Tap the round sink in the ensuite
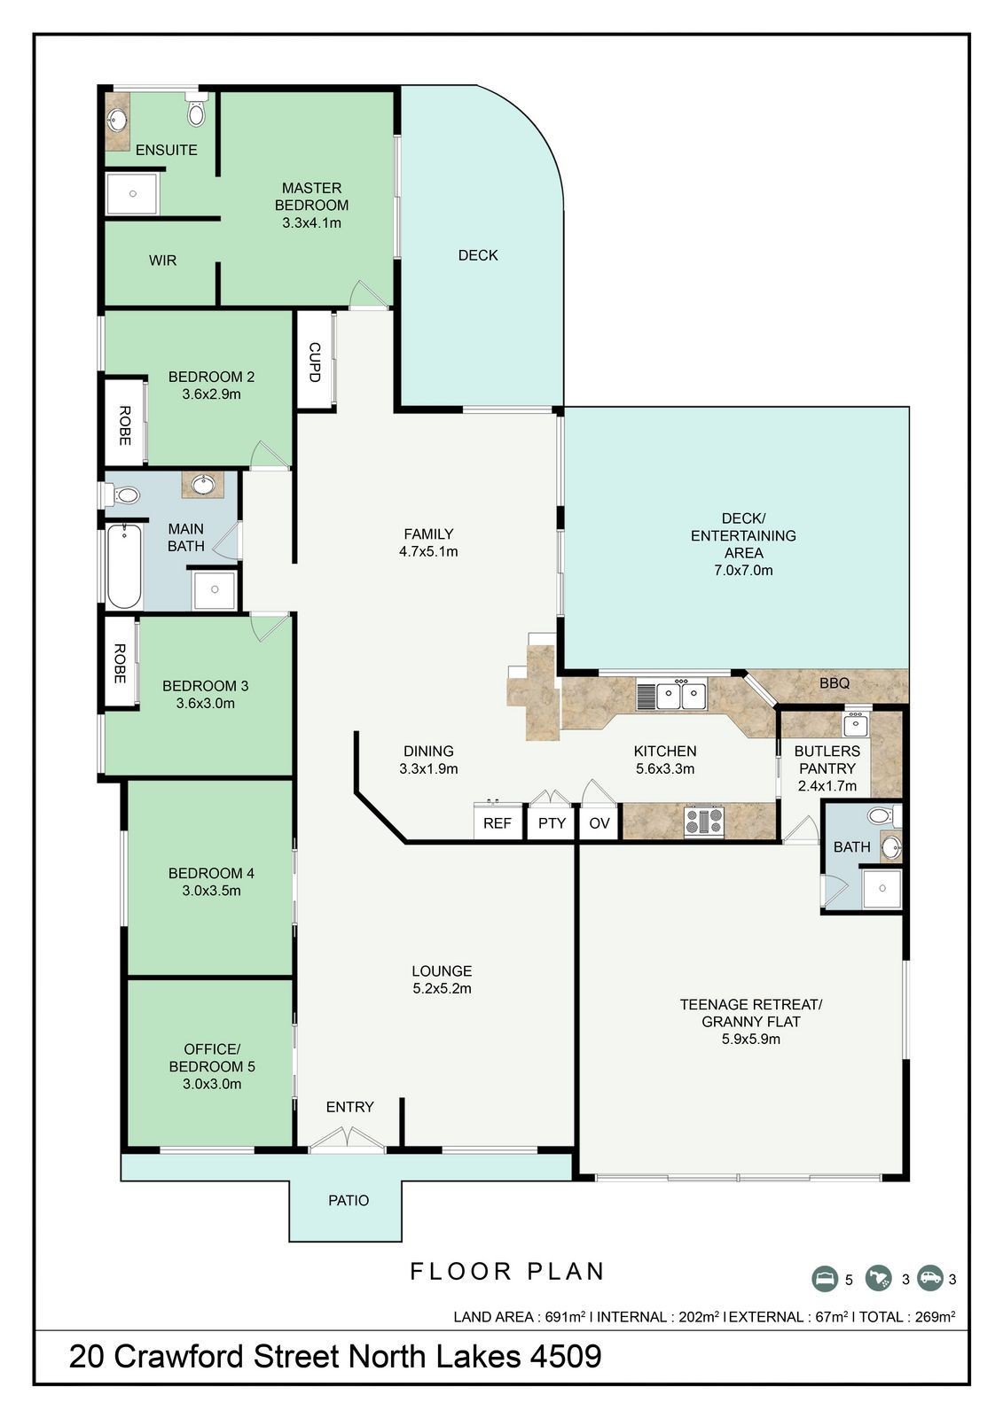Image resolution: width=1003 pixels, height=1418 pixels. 116,119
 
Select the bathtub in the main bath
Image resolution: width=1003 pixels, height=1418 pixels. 123,566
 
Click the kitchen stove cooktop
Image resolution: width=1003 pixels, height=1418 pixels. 704,821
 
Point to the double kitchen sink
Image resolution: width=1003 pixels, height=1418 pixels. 672,696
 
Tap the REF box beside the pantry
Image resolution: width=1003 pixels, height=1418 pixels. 498,822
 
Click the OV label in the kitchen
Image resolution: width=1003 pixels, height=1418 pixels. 599,823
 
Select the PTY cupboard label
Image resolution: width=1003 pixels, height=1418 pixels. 552,823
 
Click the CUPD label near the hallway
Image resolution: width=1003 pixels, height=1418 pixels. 315,362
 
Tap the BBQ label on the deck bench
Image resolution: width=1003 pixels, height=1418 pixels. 835,683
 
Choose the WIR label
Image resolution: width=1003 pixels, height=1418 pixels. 163,261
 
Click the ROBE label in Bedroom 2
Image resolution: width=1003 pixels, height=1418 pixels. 125,425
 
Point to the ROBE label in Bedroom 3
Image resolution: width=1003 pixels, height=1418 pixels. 119,664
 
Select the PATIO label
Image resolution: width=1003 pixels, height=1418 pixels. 349,1200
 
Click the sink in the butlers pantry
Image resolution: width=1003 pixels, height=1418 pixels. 856,723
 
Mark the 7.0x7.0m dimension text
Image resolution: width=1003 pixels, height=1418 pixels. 743,570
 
